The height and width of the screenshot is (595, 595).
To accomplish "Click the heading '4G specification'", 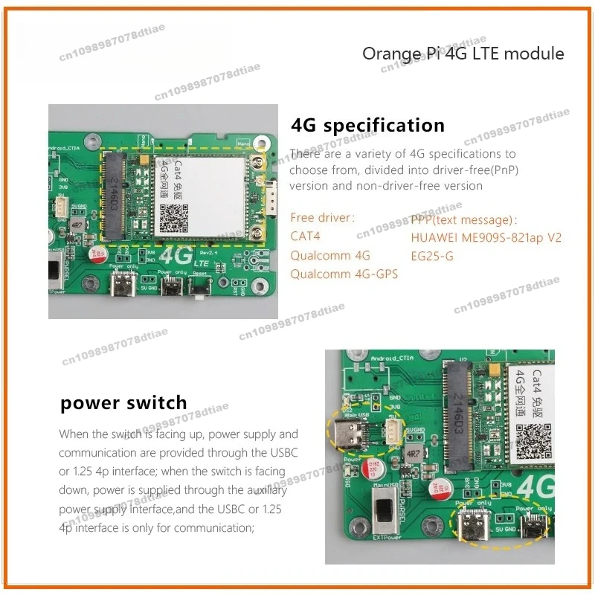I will click(368, 124).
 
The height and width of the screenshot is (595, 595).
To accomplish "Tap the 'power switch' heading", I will click(123, 403).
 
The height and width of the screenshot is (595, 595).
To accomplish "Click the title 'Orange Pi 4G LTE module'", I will click(463, 54).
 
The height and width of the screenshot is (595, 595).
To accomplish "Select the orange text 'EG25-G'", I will click(432, 256).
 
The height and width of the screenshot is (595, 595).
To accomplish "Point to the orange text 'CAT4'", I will click(305, 237).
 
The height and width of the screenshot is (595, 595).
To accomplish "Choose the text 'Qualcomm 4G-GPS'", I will click(344, 274).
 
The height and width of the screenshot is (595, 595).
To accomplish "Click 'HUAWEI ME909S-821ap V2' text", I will click(486, 237).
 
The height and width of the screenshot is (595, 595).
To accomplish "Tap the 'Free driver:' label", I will click(323, 218).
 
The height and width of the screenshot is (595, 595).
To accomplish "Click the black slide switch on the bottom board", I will click(385, 512).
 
